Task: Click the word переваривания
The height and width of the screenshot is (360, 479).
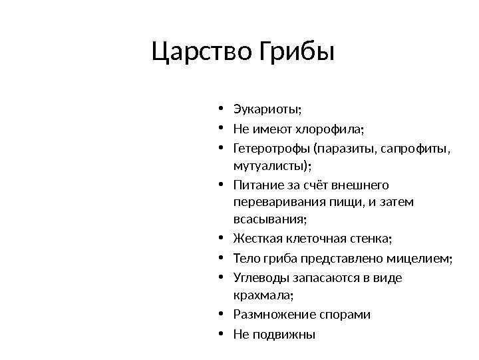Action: click(275, 201)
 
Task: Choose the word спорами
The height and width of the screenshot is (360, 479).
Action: click(347, 314)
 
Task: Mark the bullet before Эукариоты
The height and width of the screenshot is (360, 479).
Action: click(220, 109)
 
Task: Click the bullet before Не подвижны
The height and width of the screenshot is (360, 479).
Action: click(220, 334)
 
